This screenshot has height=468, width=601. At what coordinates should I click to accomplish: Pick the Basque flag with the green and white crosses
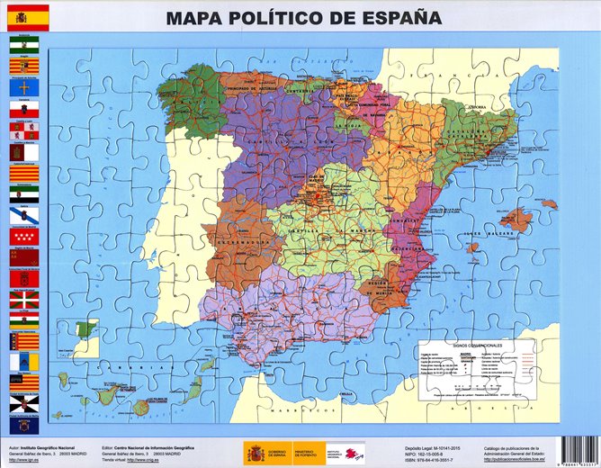pos(24,300)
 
